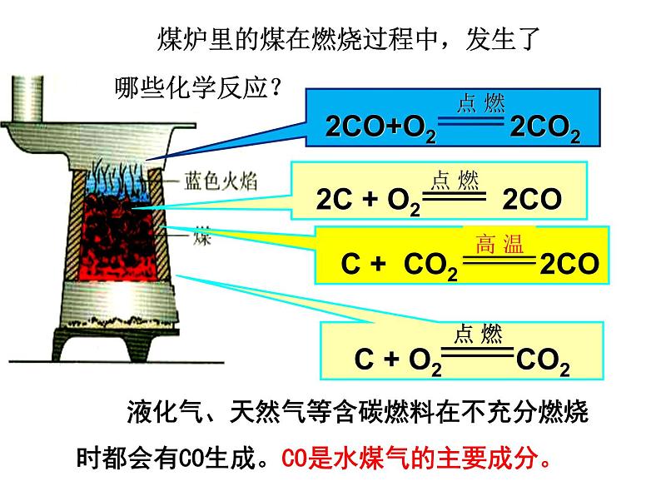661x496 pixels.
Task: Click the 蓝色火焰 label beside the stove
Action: pyautogui.click(x=211, y=182)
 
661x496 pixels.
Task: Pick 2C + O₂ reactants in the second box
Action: pyautogui.click(x=368, y=201)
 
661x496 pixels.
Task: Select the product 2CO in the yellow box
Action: pyautogui.click(x=569, y=265)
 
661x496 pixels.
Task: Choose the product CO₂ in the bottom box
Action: pyautogui.click(x=543, y=360)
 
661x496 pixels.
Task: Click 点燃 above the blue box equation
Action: pyautogui.click(x=480, y=103)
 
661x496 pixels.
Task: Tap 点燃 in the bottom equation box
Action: pyautogui.click(x=478, y=335)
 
